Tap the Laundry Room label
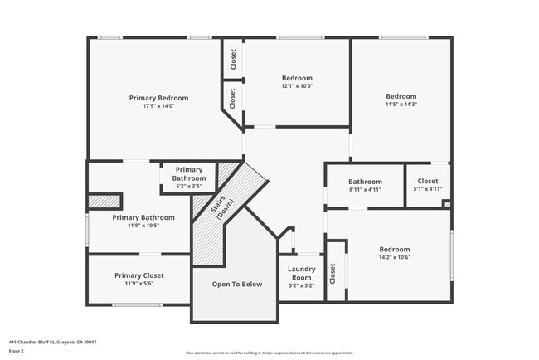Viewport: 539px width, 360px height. pyautogui.click(x=302, y=273)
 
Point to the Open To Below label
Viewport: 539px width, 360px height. pyautogui.click(x=236, y=285)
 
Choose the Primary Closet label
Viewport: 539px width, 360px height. pyautogui.click(x=138, y=275)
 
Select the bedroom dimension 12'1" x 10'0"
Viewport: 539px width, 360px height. pyautogui.click(x=297, y=86)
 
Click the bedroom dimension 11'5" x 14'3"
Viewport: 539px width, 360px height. pyautogui.click(x=401, y=105)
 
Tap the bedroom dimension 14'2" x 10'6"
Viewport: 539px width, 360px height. pyautogui.click(x=395, y=258)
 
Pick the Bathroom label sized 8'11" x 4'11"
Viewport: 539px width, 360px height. pyautogui.click(x=365, y=182)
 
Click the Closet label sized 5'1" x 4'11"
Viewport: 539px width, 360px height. pyautogui.click(x=427, y=181)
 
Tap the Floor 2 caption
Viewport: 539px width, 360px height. pyautogui.click(x=17, y=351)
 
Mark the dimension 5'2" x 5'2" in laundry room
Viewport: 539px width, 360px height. pyautogui.click(x=302, y=285)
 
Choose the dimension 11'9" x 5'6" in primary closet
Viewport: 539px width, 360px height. pyautogui.click(x=138, y=284)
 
